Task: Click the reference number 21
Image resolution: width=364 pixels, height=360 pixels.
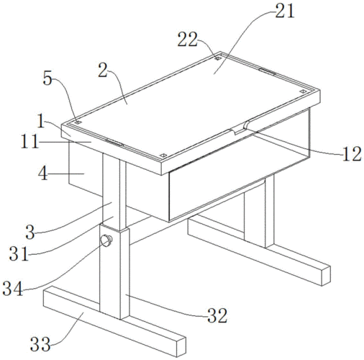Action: [285, 12]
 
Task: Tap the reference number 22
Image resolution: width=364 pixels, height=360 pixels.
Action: [187, 40]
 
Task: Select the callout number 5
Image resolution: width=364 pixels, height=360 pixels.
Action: [47, 78]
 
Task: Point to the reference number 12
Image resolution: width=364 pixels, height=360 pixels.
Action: [352, 154]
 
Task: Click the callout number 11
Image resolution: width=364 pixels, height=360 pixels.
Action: [29, 142]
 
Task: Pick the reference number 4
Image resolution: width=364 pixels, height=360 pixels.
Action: [43, 174]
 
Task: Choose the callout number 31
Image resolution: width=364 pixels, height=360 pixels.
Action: [19, 254]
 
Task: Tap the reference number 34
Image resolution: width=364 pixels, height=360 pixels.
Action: [13, 289]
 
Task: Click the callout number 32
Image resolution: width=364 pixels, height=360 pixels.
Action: [217, 315]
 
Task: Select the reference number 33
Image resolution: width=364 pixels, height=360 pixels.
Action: [40, 344]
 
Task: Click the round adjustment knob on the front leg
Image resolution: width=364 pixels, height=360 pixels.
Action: [106, 240]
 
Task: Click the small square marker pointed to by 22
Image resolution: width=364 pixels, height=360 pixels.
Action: [217, 58]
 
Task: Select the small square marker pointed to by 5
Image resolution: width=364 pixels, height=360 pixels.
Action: [78, 122]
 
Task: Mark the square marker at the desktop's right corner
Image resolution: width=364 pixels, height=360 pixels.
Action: [303, 91]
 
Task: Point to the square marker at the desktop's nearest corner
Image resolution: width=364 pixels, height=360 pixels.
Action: [163, 156]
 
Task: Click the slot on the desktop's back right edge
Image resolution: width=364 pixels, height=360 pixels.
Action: [267, 71]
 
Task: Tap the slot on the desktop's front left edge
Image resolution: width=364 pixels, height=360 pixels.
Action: [114, 143]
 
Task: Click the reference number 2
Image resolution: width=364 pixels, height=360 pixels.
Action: [103, 70]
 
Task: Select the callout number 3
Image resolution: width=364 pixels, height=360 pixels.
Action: [30, 232]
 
